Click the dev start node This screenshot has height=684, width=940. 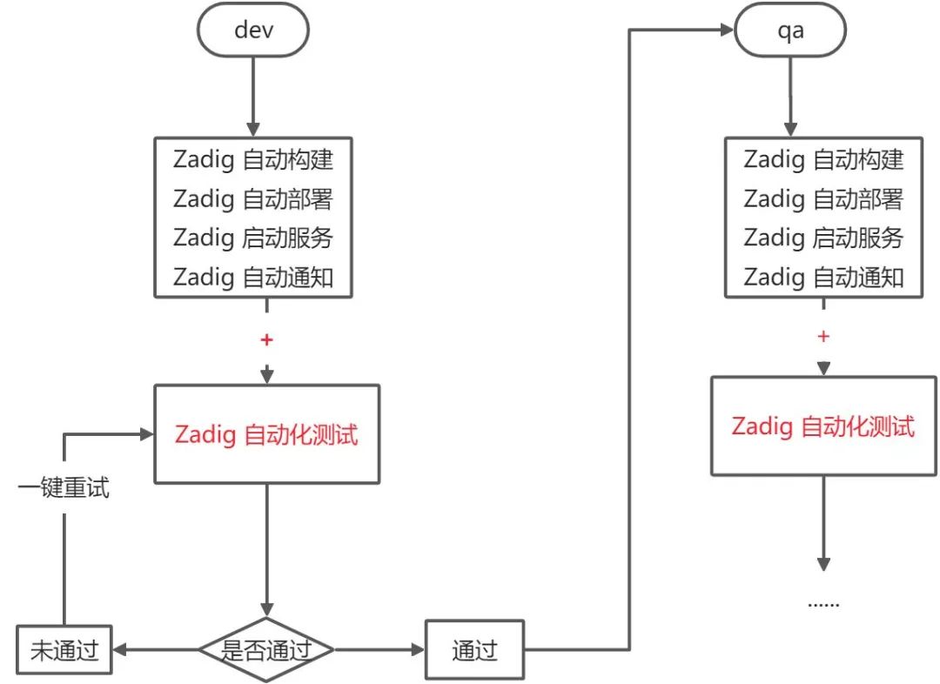253,30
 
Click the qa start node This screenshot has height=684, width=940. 790,30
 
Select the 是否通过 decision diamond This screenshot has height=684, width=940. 266,650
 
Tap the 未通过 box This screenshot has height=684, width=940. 64,650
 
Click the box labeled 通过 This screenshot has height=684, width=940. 475,650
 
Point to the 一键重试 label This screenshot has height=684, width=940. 64,487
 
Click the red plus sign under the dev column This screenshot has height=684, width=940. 267,340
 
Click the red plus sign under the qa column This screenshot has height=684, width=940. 823,336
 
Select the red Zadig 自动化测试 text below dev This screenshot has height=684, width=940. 266,434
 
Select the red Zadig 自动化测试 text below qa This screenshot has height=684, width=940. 823,426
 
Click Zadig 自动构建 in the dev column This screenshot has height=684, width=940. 253,159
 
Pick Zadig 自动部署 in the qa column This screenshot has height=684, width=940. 823,199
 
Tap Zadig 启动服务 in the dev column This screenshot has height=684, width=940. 253,238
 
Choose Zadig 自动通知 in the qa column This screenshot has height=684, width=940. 823,278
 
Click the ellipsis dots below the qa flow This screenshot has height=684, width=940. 823,604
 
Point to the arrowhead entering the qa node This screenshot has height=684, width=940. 727,30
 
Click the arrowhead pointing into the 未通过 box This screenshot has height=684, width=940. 119,650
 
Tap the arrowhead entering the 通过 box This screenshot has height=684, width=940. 418,650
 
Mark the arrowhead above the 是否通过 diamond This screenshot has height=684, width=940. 267,610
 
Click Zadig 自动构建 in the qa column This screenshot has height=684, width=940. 823,159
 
